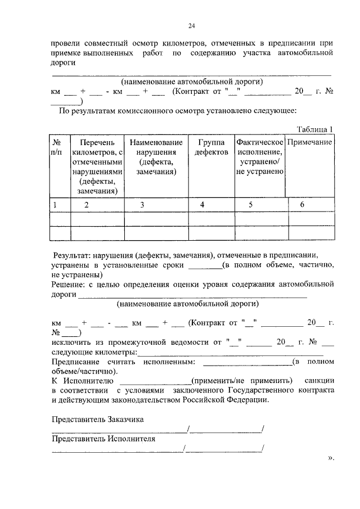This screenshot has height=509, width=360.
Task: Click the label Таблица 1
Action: pos(315,129)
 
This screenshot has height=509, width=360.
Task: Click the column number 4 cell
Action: pos(202,205)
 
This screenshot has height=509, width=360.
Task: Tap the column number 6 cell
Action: pos(302,205)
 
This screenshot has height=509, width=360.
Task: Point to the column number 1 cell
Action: pos(55,205)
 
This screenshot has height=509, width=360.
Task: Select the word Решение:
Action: pos(68,285)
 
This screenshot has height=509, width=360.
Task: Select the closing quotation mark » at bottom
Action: pos(330,457)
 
